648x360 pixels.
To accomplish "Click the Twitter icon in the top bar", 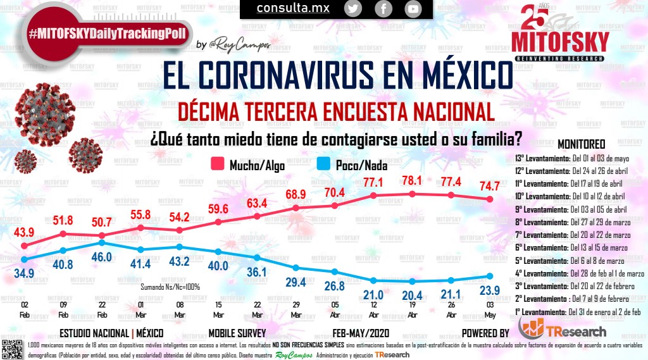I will coord(353,8).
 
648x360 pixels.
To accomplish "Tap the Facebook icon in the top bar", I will coord(383,8).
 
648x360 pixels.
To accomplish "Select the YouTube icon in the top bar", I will coord(413,8).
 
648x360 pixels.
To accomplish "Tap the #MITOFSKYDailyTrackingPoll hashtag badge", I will coord(108,34).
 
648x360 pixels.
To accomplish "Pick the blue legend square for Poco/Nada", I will coord(322,165).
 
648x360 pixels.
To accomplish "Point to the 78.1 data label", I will coord(413,181).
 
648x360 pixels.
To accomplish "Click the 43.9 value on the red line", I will coord(24,233).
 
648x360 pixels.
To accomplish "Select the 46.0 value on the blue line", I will coord(102,257).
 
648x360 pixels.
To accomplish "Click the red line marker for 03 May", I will coord(490,199).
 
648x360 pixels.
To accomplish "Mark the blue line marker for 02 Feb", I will coord(24,259).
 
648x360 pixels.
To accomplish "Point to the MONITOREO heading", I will coord(581,144).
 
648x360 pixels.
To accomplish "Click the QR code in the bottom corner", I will coord(13,348).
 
